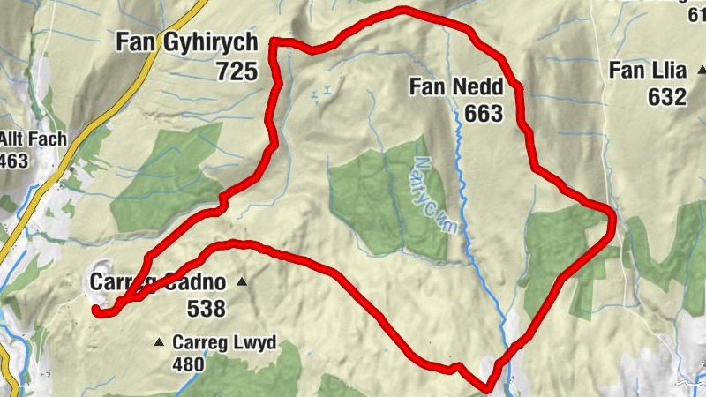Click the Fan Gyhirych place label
point(186,43)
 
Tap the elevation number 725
point(236,71)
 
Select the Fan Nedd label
point(455,87)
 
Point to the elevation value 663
point(480,113)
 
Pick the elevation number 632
point(666,97)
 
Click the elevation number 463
point(14,161)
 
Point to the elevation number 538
point(206,309)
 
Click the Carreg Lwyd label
point(224,342)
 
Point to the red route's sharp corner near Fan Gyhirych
point(273,41)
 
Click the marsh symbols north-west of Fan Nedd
point(323,89)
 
